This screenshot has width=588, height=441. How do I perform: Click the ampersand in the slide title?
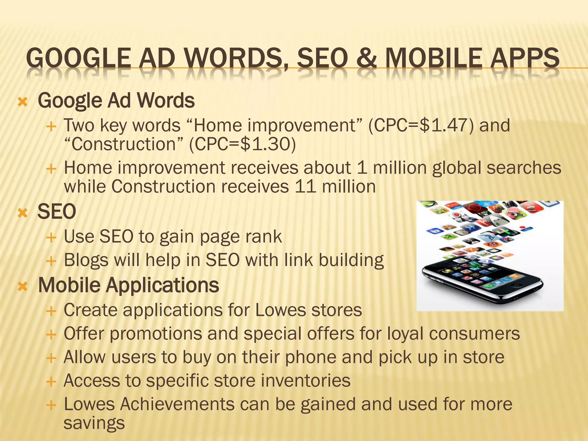pos(366,59)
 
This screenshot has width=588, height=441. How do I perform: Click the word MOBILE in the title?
pos(434,59)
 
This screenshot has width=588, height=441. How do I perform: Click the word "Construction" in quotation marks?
pos(123,144)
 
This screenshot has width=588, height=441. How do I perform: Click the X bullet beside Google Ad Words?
pos(22,102)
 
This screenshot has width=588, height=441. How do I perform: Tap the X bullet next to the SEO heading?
pos(22,213)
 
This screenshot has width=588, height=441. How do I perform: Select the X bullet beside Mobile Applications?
pos(22,287)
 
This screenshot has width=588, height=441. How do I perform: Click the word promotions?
pos(156,334)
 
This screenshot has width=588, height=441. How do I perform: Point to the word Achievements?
pos(177,404)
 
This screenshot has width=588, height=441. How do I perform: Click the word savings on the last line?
pos(94,423)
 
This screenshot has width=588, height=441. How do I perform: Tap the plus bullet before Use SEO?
pos(51,238)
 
